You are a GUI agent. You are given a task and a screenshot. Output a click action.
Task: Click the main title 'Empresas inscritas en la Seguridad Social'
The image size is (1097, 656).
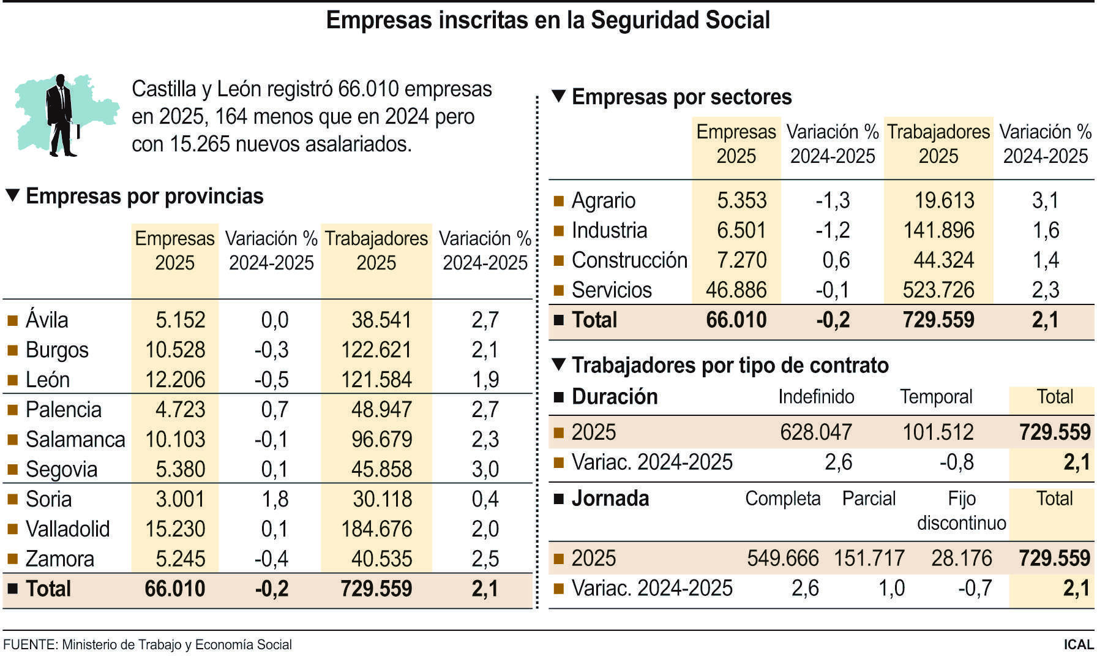tap(548, 20)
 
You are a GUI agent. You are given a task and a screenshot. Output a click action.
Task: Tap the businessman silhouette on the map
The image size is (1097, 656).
tap(61, 115)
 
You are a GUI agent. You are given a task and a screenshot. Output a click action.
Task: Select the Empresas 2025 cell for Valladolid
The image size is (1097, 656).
tap(174, 529)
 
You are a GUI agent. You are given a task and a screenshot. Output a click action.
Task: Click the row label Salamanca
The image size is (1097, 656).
tap(75, 439)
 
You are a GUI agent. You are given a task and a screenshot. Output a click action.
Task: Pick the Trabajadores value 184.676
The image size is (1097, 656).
tap(376, 529)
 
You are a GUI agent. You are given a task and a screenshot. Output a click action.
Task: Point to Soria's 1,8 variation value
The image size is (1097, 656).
tap(275, 499)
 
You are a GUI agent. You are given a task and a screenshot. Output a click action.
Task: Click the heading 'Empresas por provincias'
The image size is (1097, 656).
tap(144, 196)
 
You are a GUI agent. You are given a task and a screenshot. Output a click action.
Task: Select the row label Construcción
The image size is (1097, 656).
tap(629, 260)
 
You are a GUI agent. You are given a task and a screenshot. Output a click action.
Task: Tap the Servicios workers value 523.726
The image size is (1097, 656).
tap(938, 290)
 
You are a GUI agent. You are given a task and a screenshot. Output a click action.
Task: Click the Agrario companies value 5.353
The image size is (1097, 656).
tap(741, 200)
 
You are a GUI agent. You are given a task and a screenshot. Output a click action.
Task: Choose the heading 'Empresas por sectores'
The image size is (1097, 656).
tap(681, 97)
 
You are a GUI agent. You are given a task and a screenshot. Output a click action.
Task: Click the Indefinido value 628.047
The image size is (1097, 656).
tap(815, 432)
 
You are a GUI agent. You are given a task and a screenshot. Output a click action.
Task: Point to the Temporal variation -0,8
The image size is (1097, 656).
tap(956, 462)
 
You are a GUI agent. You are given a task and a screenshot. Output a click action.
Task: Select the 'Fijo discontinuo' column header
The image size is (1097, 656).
tap(961, 510)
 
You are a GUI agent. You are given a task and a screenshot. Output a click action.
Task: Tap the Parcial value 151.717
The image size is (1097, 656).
tap(869, 558)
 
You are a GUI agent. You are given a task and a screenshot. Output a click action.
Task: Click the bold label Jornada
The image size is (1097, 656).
tap(610, 499)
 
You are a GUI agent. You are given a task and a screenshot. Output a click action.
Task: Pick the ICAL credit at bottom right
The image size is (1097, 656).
tap(1078, 644)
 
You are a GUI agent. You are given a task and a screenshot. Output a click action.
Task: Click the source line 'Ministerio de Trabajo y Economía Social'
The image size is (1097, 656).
tap(177, 644)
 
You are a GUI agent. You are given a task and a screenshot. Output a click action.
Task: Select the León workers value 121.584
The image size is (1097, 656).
tap(376, 380)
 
